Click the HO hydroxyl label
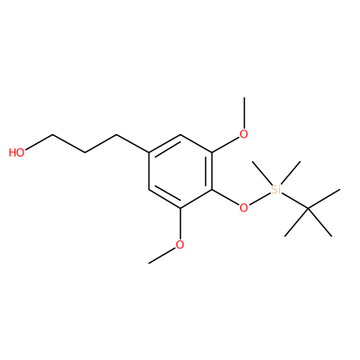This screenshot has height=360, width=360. (16, 152)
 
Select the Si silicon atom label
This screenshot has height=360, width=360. (275, 189)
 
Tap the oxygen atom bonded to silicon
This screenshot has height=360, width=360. (244, 207)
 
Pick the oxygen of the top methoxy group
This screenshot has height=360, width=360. (244, 134)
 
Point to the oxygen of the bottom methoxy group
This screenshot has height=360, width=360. (180, 245)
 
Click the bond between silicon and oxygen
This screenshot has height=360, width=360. (260, 198)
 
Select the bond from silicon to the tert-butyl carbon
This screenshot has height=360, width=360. (294, 200)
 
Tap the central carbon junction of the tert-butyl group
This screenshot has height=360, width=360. (308, 208)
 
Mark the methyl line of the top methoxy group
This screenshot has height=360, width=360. (245, 112)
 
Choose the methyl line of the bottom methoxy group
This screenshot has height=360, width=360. (162, 256)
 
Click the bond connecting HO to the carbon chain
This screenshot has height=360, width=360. (39, 142)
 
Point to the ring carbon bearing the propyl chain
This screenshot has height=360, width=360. (149, 153)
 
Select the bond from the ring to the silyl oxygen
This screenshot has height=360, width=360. (226, 198)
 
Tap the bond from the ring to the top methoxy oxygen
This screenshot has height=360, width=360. (226, 145)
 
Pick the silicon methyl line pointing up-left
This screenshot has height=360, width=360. (262, 173)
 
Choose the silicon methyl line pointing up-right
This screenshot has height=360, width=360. (290, 173)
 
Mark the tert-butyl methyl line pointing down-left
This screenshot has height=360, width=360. (296, 222)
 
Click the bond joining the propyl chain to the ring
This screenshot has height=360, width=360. (133, 144)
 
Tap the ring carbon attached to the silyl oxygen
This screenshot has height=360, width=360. (212, 190)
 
